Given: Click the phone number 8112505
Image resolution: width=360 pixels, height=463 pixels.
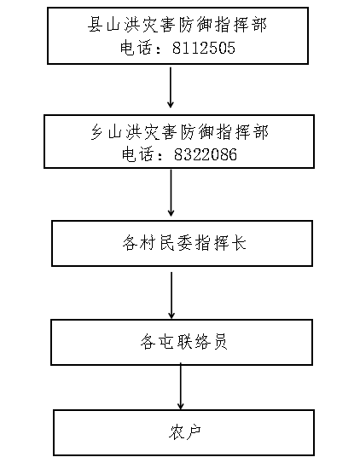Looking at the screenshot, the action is click(204, 48).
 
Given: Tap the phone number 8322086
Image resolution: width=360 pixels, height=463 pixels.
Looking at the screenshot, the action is click(206, 154).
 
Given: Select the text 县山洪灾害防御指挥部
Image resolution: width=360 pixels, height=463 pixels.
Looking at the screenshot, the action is click(177, 24).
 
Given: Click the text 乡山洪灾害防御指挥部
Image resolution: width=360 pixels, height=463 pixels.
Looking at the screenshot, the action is click(179, 131).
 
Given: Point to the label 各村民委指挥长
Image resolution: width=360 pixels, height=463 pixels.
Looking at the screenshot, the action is click(184, 243).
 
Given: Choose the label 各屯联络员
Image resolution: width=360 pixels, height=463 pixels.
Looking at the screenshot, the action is click(183, 342).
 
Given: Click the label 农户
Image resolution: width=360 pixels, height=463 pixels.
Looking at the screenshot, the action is click(185, 432).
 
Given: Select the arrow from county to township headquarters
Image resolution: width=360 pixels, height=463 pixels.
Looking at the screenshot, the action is click(171, 88).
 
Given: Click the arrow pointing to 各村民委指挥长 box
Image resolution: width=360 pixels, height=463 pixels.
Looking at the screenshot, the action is click(171, 193).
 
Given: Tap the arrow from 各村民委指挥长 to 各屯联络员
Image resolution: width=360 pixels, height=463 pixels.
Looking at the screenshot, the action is click(171, 295).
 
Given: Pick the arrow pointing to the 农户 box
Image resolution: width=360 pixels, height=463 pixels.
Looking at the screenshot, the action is click(181, 386).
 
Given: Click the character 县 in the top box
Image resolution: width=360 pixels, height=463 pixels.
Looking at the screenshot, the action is click(95, 24).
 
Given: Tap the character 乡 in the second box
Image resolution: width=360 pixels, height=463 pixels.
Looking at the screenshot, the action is click(97, 131).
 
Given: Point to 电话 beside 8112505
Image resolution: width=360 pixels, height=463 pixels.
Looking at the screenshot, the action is click(136, 48).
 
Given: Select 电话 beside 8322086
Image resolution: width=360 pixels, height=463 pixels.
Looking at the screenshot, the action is click(138, 154).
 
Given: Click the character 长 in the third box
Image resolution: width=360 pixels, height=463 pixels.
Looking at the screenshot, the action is click(239, 243).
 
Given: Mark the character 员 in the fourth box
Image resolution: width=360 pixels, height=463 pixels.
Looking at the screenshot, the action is click(220, 342).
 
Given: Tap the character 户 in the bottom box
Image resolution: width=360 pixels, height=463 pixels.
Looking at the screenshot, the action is click(194, 432).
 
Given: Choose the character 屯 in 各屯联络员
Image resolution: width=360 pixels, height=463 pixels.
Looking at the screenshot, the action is click(166, 342).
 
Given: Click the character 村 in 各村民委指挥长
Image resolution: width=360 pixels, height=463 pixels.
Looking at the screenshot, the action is click(148, 243).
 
